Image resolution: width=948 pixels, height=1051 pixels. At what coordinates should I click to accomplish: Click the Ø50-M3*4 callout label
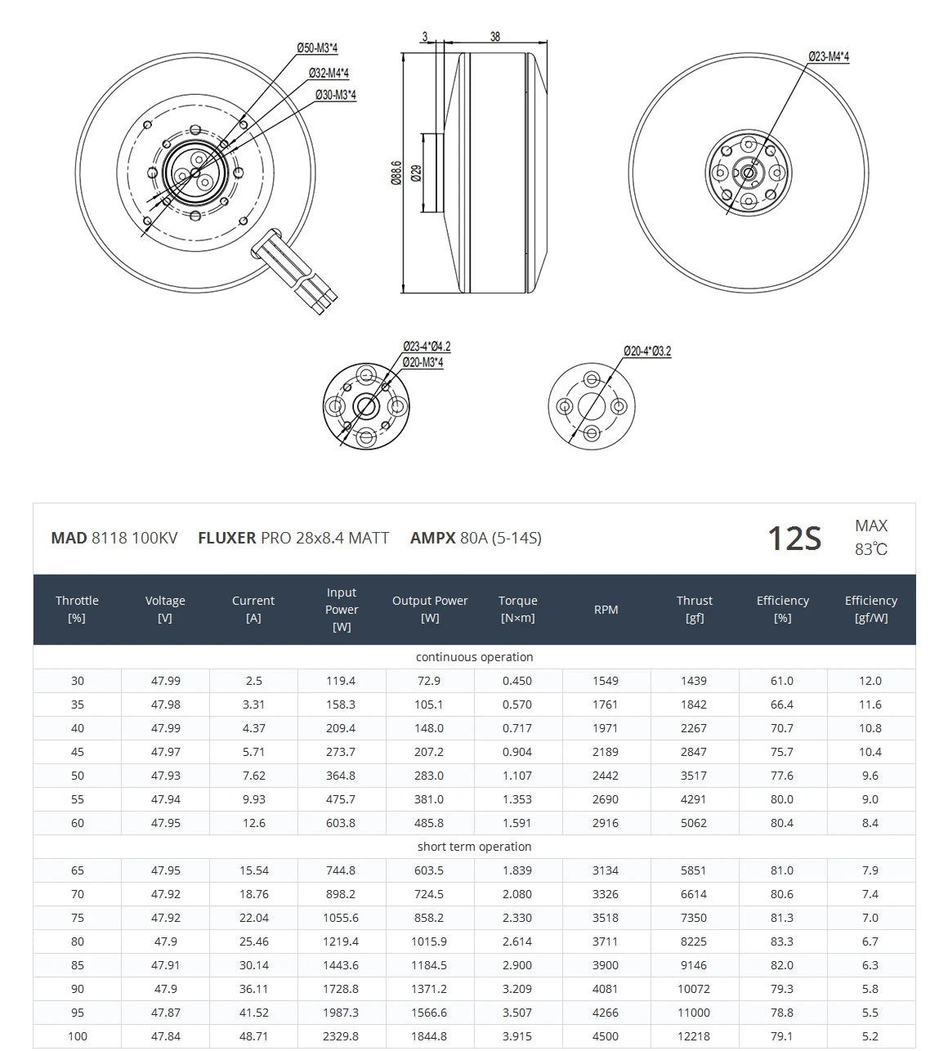(318, 48)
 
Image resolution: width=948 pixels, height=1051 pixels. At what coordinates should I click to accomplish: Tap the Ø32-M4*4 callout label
(329, 73)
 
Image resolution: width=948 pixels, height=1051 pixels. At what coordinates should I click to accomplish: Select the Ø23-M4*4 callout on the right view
(829, 56)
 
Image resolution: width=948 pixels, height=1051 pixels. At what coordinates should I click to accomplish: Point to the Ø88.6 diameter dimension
(396, 172)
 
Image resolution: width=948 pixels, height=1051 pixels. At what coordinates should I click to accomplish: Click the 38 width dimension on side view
(495, 37)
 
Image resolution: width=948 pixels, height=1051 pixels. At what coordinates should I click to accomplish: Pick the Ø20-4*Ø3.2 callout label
(646, 351)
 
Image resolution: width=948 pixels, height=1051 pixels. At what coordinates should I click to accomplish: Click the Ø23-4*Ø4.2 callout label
(427, 347)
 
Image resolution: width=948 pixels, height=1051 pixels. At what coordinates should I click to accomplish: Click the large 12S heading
(794, 539)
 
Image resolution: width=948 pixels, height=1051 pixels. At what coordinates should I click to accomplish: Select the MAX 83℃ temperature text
(871, 538)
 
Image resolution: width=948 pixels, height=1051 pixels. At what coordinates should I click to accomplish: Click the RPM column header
(606, 610)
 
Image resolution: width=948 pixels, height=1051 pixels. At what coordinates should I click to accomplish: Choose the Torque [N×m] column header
(517, 610)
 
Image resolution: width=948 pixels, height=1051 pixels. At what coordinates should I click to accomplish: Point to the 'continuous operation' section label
(474, 657)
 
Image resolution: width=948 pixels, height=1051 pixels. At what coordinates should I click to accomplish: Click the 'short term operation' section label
(474, 847)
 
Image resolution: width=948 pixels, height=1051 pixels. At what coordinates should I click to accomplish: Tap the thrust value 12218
(694, 1036)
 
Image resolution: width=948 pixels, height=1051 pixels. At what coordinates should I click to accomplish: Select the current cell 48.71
(253, 1036)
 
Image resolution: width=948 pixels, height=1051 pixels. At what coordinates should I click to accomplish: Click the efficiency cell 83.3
(782, 941)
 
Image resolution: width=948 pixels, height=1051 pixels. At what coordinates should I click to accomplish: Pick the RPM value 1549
(606, 681)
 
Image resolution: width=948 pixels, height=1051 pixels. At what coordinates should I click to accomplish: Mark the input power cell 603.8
(341, 823)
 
